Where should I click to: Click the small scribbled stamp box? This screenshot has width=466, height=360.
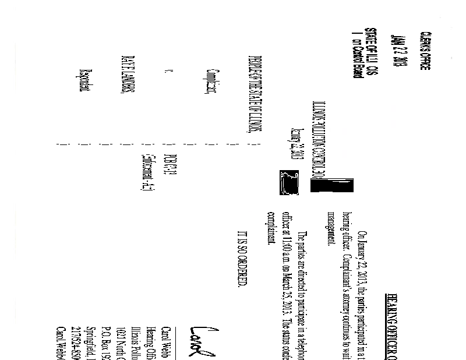point(289,183)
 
